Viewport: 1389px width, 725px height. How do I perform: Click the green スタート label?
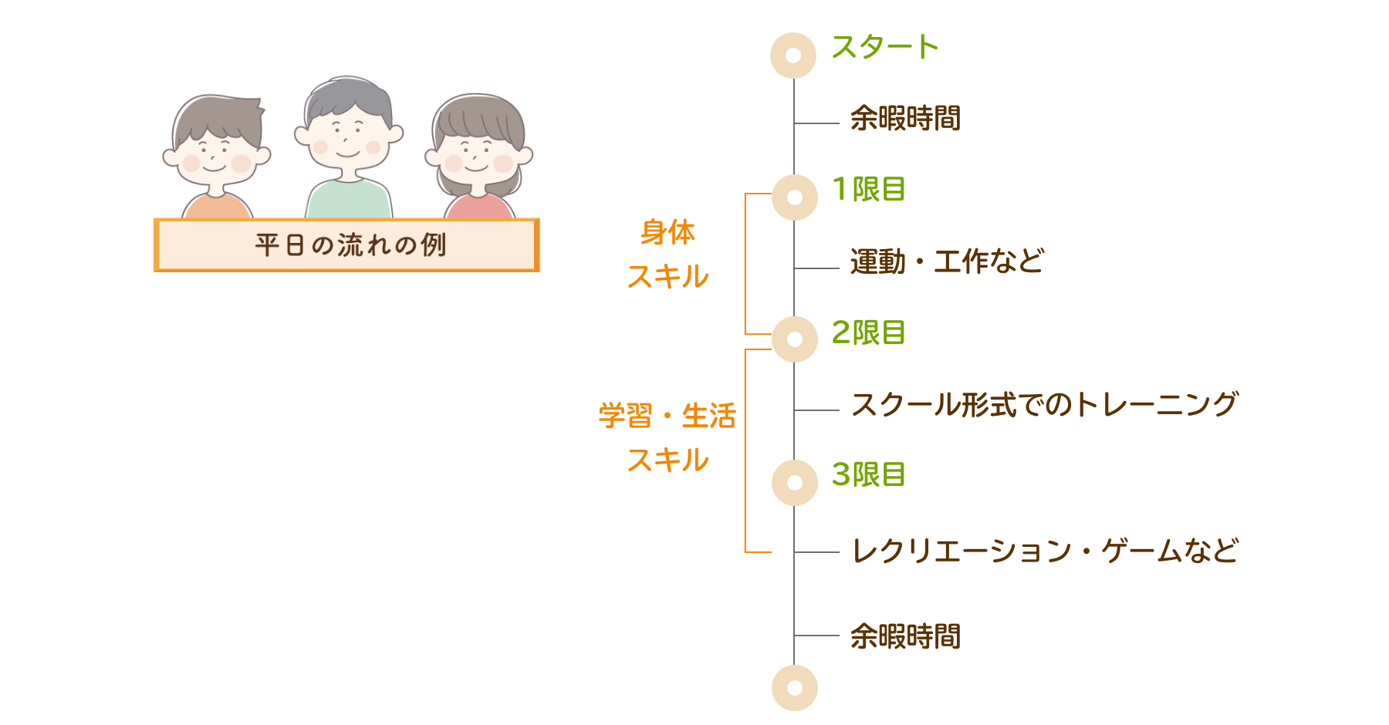884,48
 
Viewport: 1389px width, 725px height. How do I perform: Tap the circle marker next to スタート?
793,56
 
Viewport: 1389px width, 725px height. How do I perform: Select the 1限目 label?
868,190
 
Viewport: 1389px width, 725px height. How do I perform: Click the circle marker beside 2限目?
795,339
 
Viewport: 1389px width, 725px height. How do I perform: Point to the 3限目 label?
868,475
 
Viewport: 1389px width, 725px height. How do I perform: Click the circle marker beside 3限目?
795,483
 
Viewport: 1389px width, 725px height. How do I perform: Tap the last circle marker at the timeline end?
795,688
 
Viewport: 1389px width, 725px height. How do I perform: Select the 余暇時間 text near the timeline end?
905,637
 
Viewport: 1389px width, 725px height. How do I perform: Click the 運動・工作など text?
947,262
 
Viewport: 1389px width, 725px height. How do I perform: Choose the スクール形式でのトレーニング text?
1044,405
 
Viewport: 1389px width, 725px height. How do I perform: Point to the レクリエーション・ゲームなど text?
1044,551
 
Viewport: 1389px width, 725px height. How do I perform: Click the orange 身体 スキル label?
667,255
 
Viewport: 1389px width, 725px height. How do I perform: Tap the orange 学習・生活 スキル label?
667,437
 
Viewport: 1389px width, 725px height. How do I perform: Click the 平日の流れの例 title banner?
347,245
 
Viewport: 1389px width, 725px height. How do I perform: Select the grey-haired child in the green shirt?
348,147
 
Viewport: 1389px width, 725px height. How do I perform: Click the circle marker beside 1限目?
795,197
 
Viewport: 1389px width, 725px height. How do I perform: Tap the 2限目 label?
868,333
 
